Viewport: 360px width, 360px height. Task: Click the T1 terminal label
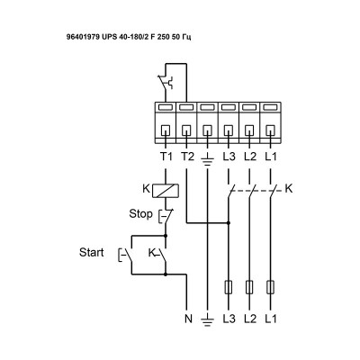tap(165, 156)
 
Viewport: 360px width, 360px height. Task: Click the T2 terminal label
tap(186, 156)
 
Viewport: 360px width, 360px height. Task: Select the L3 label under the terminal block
tap(229, 156)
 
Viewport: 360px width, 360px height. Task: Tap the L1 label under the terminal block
tap(273, 156)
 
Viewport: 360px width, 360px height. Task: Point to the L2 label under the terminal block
tap(251, 156)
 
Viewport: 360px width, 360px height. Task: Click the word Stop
tap(139, 215)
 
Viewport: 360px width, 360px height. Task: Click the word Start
tap(92, 251)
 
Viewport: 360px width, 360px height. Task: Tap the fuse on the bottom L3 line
tap(229, 289)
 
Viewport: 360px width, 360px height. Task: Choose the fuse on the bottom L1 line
tap(273, 289)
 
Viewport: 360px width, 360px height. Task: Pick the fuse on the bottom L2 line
tap(251, 289)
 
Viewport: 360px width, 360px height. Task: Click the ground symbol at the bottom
tap(208, 319)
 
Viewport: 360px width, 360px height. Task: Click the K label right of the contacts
tap(289, 189)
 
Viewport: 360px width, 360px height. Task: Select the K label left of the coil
tap(147, 189)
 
